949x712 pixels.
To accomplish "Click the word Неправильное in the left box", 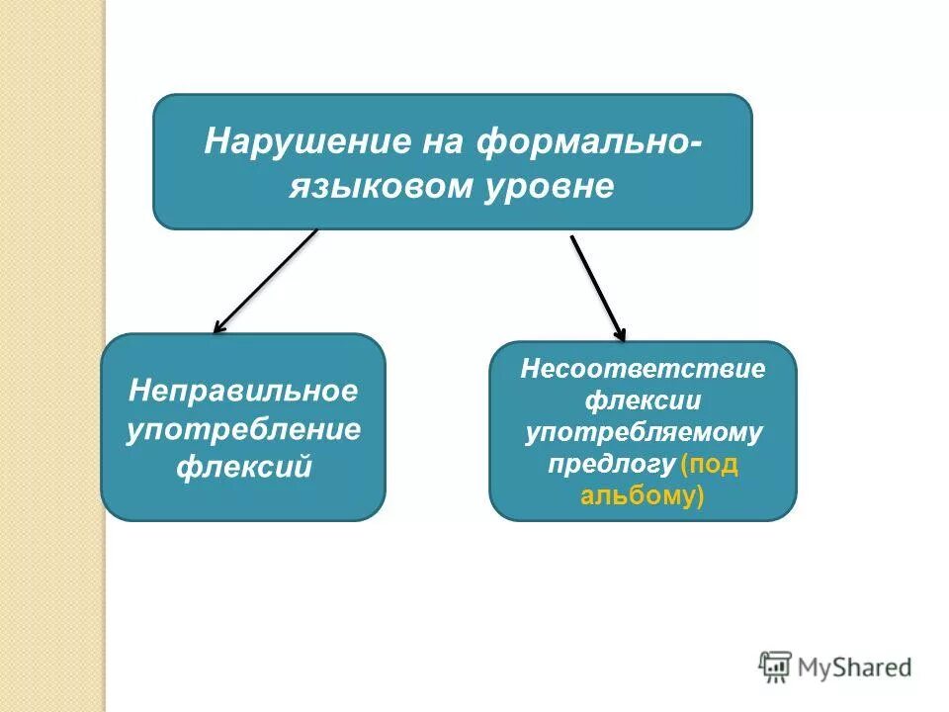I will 243,391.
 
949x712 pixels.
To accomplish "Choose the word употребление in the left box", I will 243,428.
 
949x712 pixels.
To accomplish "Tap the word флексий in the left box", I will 243,465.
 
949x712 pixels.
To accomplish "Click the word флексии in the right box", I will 643,401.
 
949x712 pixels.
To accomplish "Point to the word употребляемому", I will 643,432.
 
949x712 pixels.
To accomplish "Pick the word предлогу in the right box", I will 613,464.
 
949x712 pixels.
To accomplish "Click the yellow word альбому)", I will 643,495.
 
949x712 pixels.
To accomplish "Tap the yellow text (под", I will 710,464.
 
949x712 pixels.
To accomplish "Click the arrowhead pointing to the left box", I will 219,326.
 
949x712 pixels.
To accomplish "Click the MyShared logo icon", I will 776,667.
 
